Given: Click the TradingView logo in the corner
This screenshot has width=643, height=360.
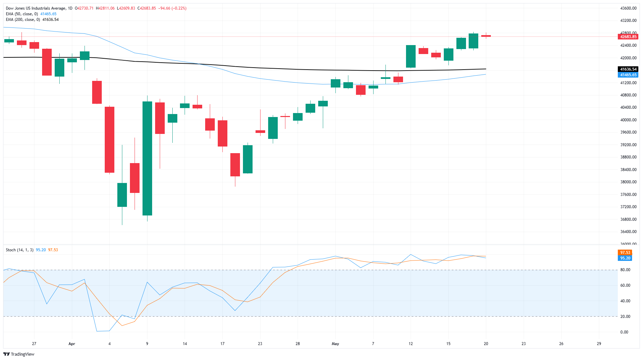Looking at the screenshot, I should pos(19,354).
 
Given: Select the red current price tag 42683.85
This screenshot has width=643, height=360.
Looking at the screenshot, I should pos(628,37).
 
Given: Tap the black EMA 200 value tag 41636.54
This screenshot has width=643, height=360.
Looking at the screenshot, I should pos(628,69).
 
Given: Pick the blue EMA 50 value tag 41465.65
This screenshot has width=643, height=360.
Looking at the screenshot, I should pos(628,75).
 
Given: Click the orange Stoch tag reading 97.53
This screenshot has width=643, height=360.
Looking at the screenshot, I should pos(625,253).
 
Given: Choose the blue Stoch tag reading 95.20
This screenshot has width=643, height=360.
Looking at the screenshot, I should pos(625,258).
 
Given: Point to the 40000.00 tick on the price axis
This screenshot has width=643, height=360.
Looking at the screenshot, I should pos(628,120).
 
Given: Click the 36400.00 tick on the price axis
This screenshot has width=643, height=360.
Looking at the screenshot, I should pos(628,232).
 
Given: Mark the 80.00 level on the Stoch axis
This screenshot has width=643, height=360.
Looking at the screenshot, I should pos(625,270).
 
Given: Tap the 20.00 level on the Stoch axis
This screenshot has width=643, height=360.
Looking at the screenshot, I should pos(625,317).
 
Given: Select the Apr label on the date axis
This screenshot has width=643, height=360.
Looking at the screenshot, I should pos(72,344).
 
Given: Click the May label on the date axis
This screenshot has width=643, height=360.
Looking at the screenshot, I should pos(335,344).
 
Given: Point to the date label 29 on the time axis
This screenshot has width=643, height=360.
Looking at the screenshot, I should pos(599,344).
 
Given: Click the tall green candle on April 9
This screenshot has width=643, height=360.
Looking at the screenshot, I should pos(147,158).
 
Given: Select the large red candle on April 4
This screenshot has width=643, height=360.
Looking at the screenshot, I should pos(110,140).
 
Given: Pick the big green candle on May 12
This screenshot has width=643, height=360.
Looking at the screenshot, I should pos(411,56).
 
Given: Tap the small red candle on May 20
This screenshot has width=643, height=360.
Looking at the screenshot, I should pos(486,36).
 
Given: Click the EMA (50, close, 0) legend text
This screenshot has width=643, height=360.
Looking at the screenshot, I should pos(22,14).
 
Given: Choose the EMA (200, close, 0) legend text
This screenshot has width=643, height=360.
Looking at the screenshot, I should pos(23,20).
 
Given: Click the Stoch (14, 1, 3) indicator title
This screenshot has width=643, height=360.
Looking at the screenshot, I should pos(20,250).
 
